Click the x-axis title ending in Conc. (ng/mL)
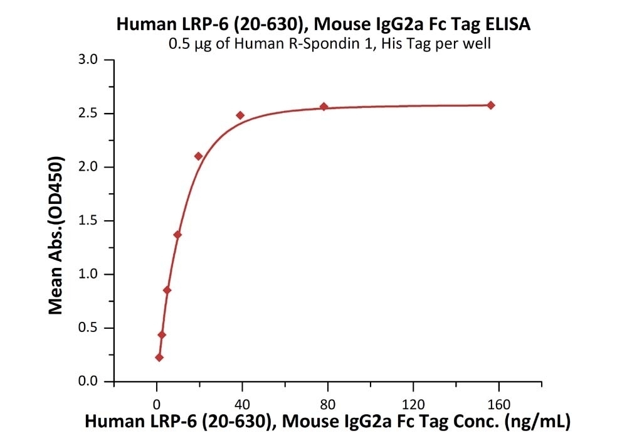(327, 422)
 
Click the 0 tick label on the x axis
(157, 402)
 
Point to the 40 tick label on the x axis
(242, 402)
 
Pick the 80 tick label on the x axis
(327, 402)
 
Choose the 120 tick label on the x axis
(413, 402)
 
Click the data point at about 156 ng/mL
(491, 105)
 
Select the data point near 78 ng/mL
(324, 107)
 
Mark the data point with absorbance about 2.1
(199, 156)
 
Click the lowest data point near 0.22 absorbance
(159, 358)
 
